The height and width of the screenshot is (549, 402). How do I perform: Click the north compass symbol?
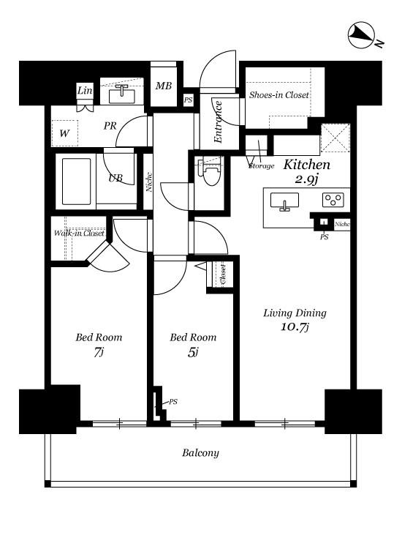(x=362, y=34)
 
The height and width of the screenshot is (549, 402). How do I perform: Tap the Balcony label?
(x=200, y=452)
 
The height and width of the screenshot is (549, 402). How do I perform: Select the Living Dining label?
(x=295, y=313)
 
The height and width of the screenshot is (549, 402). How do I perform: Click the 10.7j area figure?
(x=295, y=327)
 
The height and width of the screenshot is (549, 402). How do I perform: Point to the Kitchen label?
(x=306, y=165)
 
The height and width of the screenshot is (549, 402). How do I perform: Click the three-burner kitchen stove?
(x=333, y=200)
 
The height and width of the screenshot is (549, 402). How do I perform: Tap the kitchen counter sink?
(x=284, y=202)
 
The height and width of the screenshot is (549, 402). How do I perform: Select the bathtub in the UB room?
(x=77, y=182)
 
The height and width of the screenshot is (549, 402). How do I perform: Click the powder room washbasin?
(x=121, y=95)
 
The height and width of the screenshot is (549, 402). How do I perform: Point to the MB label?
(x=164, y=86)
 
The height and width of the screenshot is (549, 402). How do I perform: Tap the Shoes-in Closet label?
(x=279, y=95)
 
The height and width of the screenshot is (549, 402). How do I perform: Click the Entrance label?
(x=218, y=122)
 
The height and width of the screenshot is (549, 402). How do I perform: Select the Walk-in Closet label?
(x=79, y=233)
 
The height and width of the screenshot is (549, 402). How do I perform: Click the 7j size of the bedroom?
(x=99, y=352)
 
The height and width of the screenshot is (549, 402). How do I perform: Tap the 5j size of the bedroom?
(x=193, y=352)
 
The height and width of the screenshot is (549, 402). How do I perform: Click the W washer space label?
(x=64, y=133)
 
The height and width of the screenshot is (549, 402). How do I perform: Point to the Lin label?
(x=85, y=91)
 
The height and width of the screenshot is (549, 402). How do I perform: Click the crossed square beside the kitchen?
(x=335, y=138)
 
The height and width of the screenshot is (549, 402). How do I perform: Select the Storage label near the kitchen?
(x=262, y=166)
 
